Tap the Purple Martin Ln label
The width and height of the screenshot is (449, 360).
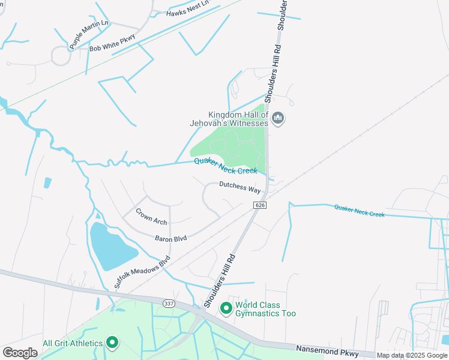point(88,34)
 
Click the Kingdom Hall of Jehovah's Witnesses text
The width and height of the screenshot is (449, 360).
point(238,119)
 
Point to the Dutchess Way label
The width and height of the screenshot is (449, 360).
point(240,187)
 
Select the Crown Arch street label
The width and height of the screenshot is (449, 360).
point(151,217)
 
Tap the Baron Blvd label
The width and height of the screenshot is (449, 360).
point(170,239)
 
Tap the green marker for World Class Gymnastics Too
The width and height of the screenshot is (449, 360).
point(226,308)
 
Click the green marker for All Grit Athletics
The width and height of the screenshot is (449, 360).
point(112,343)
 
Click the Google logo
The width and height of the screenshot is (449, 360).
point(20,352)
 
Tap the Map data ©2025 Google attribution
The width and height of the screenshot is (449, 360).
point(411,355)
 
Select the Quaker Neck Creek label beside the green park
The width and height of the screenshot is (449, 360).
point(225,166)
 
